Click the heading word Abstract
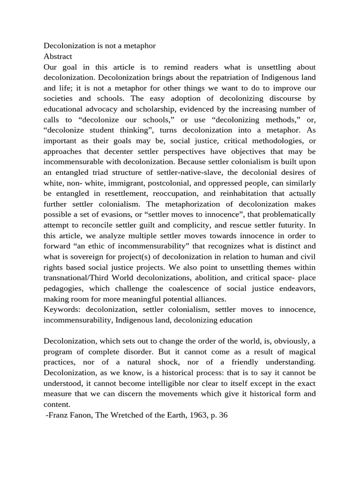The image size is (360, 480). (58, 56)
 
